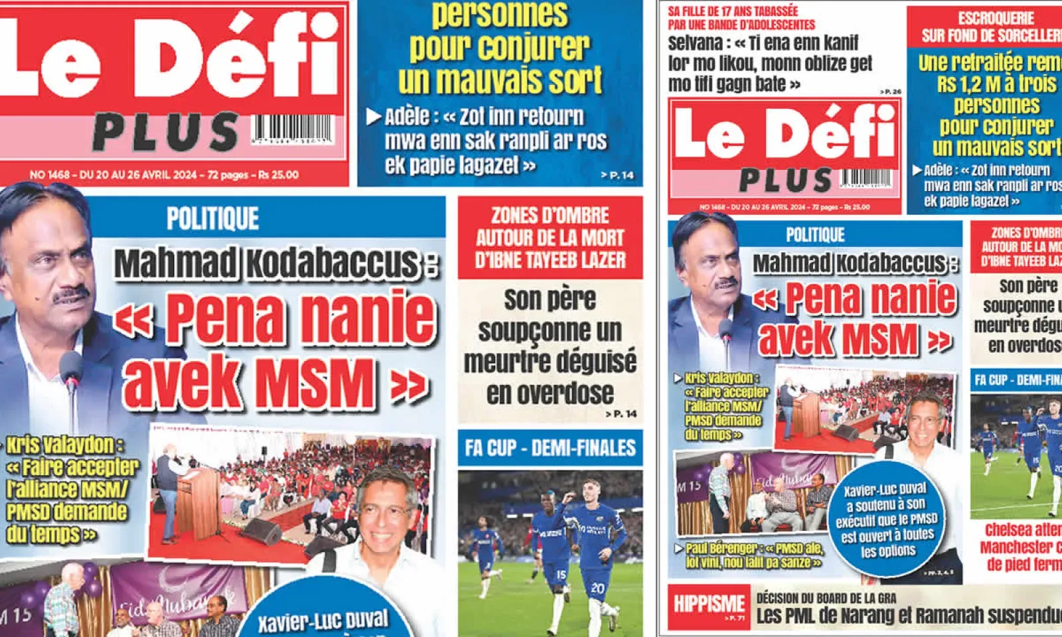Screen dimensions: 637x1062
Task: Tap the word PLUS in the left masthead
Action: pos(165,132)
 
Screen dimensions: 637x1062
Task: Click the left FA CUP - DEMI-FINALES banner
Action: pos(550,448)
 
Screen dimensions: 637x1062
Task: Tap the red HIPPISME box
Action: pos(709,605)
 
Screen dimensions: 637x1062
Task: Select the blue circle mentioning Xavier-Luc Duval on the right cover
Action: pos(888,521)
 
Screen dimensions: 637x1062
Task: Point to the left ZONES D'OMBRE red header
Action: pos(550,238)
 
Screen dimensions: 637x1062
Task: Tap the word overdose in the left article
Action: pos(550,393)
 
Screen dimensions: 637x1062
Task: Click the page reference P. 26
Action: pos(891,92)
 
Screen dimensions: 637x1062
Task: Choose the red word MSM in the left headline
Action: pos(315,384)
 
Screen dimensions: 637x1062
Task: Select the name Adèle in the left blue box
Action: pos(406,117)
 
